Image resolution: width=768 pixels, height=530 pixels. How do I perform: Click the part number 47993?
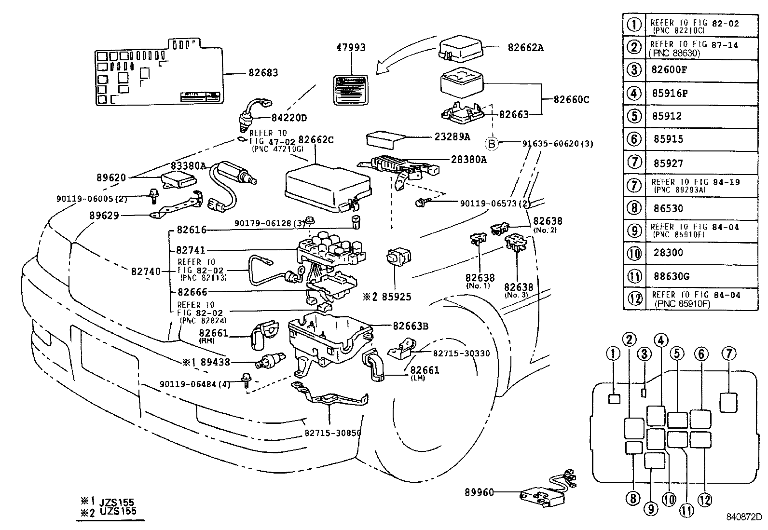point(351,47)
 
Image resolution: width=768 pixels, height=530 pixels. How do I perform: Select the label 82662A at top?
point(525,47)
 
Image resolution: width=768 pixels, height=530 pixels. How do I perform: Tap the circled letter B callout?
point(491,143)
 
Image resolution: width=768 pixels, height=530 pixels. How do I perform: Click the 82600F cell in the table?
point(669,69)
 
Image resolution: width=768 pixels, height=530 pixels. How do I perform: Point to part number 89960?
point(480,492)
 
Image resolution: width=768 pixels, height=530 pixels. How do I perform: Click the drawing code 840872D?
point(743,517)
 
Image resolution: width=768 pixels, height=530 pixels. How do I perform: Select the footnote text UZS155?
point(118,512)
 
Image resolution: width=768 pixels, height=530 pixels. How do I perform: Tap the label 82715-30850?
point(332,433)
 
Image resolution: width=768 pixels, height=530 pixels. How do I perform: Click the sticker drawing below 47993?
point(351,90)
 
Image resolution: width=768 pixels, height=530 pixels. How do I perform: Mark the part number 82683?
point(263,73)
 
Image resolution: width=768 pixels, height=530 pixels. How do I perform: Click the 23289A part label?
point(452,136)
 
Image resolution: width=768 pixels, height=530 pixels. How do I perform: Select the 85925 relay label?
point(397,297)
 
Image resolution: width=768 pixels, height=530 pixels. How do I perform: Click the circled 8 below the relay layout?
point(632,498)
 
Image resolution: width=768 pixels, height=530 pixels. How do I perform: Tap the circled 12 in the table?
point(635,299)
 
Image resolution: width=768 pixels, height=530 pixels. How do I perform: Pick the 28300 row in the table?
point(668,253)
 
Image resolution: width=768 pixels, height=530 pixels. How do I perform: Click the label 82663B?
point(411,326)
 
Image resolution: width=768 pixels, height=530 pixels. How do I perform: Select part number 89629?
point(104,216)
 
